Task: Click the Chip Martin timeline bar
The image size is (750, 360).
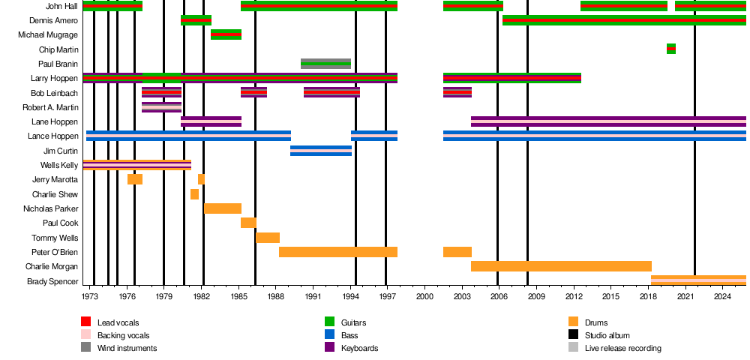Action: coord(670,49)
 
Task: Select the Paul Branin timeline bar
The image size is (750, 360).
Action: coord(325,64)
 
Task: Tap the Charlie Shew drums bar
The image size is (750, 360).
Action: coord(194,194)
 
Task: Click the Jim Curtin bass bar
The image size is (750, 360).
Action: coord(321,151)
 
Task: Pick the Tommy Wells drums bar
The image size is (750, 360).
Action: coord(268,238)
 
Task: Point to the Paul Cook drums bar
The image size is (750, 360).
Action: coord(248,223)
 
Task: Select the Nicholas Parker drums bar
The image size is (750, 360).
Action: coord(223,208)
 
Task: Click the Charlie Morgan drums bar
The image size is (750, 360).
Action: coord(561,266)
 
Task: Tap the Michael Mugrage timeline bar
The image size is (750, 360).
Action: coord(226,34)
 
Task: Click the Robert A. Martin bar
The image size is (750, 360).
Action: coord(161,107)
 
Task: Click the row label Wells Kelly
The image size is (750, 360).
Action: coord(59,165)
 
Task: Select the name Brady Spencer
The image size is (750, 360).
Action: coord(52,281)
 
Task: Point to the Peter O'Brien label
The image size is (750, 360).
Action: coord(55,252)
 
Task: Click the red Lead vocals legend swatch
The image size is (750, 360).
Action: coord(86,322)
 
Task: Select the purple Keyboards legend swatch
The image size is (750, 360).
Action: coord(329,348)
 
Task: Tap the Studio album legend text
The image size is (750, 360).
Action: coord(607,335)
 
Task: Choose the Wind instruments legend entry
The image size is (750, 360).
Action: coord(127,348)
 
